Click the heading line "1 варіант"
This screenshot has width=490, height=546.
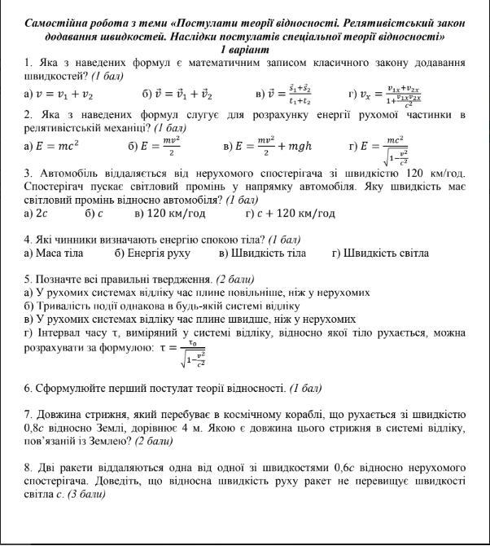coord(245,50)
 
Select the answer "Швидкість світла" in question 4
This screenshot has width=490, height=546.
coord(386,253)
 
